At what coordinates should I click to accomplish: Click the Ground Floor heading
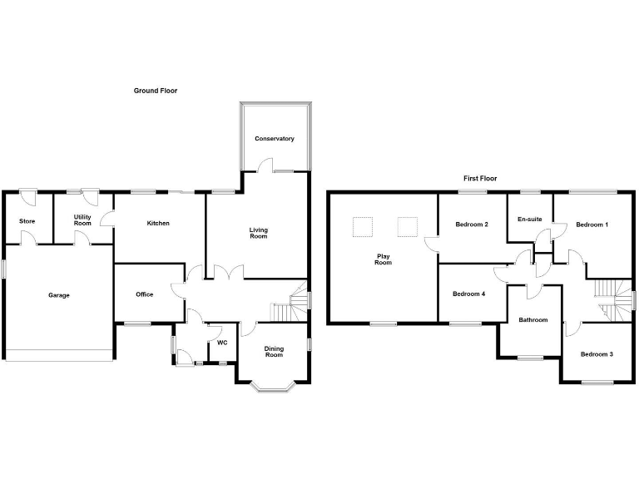click(156, 91)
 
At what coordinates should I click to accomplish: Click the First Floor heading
click(480, 178)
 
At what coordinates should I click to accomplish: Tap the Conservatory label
click(275, 139)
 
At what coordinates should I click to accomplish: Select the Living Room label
click(259, 233)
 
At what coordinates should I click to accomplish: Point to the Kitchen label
click(158, 223)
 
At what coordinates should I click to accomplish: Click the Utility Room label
click(82, 220)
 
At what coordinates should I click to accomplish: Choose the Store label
click(27, 221)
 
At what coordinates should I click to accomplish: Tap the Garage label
click(58, 295)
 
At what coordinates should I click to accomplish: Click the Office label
click(145, 294)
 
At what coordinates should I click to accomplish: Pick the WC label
click(222, 342)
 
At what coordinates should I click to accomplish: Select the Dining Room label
click(274, 352)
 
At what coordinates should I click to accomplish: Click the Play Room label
click(383, 259)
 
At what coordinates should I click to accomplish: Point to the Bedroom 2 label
click(472, 225)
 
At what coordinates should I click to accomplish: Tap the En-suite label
click(530, 220)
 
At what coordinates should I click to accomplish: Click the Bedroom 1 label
click(592, 225)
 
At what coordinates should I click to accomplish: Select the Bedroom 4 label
click(469, 294)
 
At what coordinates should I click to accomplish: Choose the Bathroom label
click(532, 320)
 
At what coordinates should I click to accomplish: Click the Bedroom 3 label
click(597, 354)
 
